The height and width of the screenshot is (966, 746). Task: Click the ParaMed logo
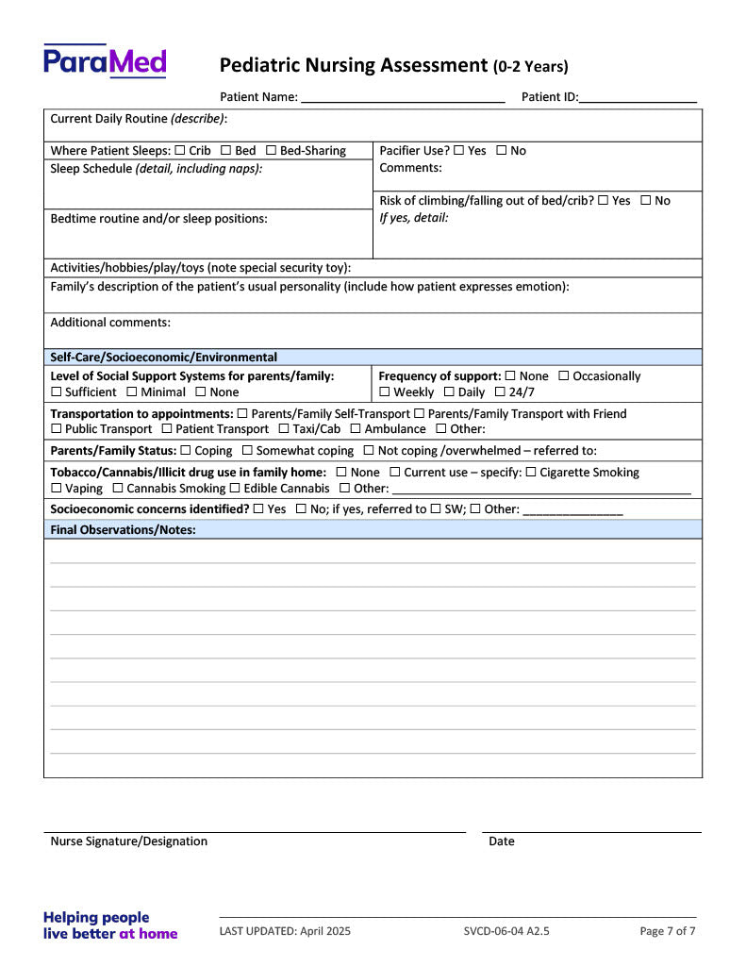pyautogui.click(x=105, y=61)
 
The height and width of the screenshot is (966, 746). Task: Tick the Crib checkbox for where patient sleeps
pyautogui.click(x=180, y=151)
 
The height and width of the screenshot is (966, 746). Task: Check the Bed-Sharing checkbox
pyautogui.click(x=271, y=151)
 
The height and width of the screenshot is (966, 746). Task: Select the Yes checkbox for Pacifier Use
pyautogui.click(x=458, y=151)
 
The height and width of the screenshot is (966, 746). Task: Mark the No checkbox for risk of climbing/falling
pyautogui.click(x=645, y=201)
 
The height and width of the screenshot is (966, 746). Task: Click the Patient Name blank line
pyautogui.click(x=403, y=97)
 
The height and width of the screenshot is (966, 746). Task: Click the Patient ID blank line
pyautogui.click(x=638, y=97)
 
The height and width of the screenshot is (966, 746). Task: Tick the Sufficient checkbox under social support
pyautogui.click(x=57, y=392)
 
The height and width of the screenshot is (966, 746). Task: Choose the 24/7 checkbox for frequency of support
pyautogui.click(x=500, y=392)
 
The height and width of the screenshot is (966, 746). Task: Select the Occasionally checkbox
pyautogui.click(x=563, y=376)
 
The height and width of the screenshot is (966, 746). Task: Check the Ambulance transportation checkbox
pyautogui.click(x=356, y=429)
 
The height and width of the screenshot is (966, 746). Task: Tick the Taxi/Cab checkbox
pyautogui.click(x=284, y=429)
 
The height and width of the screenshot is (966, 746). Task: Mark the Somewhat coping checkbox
pyautogui.click(x=247, y=451)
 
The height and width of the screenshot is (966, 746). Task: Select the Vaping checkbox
pyautogui.click(x=57, y=489)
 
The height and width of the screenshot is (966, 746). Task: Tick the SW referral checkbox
pyautogui.click(x=435, y=509)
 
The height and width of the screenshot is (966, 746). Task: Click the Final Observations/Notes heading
pyautogui.click(x=123, y=530)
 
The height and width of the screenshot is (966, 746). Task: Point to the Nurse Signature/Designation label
pyautogui.click(x=128, y=841)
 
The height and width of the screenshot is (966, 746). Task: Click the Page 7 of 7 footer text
pyautogui.click(x=667, y=931)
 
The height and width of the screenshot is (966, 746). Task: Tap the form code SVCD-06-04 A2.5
pyautogui.click(x=506, y=931)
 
